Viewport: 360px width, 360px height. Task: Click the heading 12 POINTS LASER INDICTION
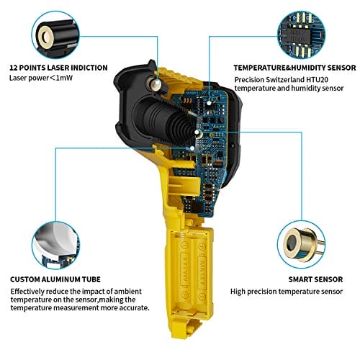(x=58, y=68)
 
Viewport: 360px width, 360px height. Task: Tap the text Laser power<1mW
(x=41, y=78)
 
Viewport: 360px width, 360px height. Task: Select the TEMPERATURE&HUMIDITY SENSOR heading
(x=294, y=68)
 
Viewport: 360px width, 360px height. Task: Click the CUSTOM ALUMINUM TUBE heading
(x=55, y=279)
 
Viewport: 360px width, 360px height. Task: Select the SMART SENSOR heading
(x=315, y=279)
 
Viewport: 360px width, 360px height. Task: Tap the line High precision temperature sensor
(x=287, y=292)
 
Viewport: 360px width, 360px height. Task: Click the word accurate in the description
(x=133, y=308)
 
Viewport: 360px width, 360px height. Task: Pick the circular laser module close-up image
(x=56, y=35)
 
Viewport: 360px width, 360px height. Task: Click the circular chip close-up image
(x=302, y=35)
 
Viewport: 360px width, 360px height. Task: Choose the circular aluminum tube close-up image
(x=55, y=246)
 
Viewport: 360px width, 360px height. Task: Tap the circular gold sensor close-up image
(x=302, y=245)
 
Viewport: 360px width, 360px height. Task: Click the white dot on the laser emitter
(x=158, y=84)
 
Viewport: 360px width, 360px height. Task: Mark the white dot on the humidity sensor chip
(x=209, y=103)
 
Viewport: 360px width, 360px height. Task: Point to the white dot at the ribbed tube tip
(x=197, y=132)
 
